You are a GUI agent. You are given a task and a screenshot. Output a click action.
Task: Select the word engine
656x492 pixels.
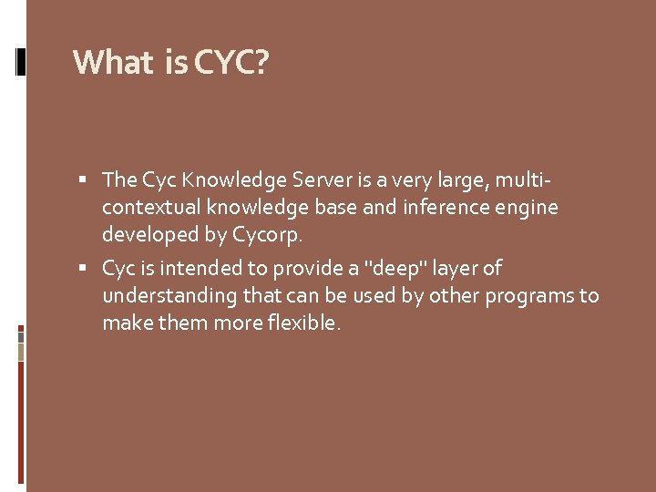pos(528,208)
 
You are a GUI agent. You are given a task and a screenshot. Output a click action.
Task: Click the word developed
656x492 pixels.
pos(152,235)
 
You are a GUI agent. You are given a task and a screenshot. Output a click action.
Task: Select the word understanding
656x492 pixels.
pos(170,296)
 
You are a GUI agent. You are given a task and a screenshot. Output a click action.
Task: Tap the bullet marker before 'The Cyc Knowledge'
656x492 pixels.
pos(84,180)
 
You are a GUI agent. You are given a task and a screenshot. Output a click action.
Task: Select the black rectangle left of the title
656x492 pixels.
pos(20,60)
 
